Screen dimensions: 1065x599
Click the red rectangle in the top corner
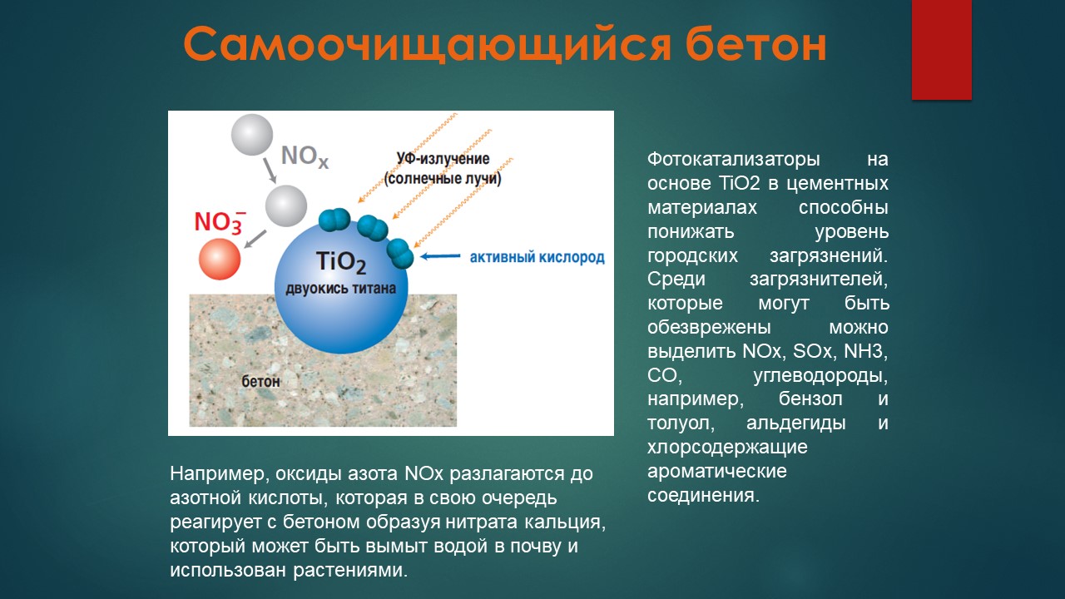941,50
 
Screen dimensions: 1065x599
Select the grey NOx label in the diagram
305,156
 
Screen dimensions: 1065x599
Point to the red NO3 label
220,221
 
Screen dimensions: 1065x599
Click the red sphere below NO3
219,259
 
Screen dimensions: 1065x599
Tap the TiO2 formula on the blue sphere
341,262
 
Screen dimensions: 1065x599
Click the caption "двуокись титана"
340,289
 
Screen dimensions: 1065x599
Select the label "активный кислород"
537,257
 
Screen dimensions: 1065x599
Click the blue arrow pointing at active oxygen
440,256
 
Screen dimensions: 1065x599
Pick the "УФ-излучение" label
443,158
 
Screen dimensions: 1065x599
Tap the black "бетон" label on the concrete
260,381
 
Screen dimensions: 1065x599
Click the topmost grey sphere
252,135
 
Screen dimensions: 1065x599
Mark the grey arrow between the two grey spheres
270,171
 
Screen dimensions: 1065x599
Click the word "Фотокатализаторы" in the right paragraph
734,159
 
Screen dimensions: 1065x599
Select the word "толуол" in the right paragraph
681,423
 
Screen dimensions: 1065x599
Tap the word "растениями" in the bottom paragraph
350,571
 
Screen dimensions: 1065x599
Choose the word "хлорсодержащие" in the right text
727,448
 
